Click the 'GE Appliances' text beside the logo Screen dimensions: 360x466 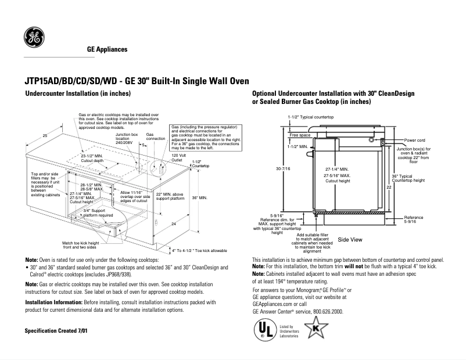coord(107,49)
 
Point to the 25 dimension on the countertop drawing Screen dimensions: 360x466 coord(45,135)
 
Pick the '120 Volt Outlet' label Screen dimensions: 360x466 coord(178,157)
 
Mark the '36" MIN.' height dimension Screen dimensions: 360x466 coord(199,197)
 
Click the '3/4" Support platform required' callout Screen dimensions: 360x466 coord(98,213)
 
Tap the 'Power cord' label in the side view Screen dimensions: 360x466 coord(415,140)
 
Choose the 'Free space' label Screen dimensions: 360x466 coord(300,135)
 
